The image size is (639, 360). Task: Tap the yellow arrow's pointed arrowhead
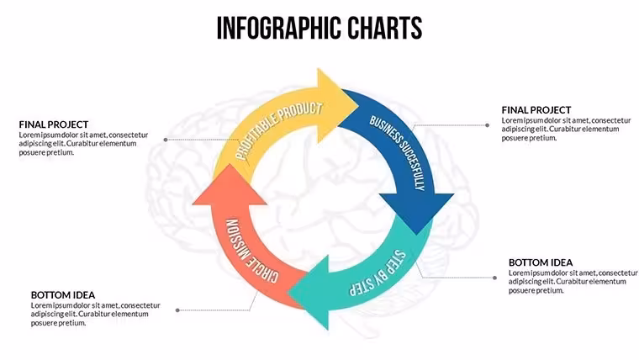point(336,105)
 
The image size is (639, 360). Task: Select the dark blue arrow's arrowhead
point(416,213)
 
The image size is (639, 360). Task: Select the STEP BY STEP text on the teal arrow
point(378,273)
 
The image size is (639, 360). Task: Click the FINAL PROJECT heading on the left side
point(54,124)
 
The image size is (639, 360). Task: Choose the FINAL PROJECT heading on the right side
point(536,110)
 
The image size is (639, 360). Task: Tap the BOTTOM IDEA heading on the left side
point(63,294)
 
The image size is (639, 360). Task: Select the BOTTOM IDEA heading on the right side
point(541,262)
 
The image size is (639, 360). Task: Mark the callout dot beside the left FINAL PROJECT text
point(166,140)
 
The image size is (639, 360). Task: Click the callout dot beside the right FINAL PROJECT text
point(487,125)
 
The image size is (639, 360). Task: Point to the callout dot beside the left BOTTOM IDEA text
point(177,310)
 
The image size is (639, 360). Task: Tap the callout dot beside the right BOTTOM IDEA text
point(494,278)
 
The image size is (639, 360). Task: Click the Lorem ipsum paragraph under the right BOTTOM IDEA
point(573,282)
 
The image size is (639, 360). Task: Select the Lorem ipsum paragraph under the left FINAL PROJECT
point(83,144)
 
